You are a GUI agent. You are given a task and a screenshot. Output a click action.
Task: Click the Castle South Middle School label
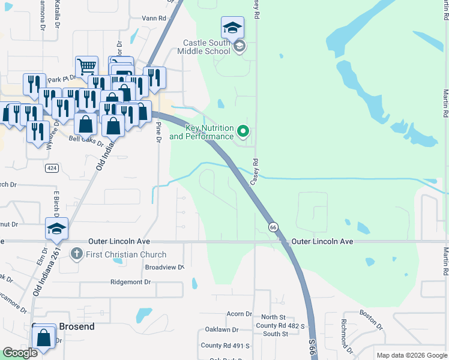(207, 47)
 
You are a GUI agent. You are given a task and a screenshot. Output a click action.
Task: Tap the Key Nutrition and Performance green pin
(243, 130)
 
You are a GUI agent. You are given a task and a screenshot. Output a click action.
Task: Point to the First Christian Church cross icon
(76, 254)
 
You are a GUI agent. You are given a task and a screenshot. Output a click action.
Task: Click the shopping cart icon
(86, 66)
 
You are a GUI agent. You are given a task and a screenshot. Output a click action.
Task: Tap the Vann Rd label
(154, 19)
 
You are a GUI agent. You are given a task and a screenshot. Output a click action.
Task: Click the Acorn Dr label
(239, 314)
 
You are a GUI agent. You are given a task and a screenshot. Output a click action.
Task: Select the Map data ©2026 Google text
(412, 355)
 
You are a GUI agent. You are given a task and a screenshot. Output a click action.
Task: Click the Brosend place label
(76, 326)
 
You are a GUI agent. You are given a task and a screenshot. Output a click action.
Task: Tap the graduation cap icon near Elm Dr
(56, 228)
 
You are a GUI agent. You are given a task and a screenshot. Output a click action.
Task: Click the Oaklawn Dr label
(221, 330)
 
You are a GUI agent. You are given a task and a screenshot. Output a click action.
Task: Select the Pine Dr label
(159, 132)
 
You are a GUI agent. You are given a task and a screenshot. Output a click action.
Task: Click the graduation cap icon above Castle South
(232, 27)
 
